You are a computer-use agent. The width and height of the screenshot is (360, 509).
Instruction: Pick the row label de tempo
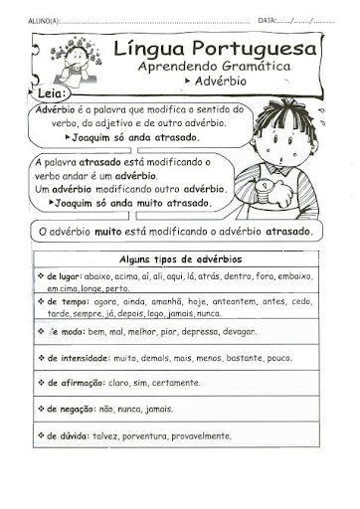[x=66, y=300]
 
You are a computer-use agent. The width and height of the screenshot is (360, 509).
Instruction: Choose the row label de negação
[x=70, y=408]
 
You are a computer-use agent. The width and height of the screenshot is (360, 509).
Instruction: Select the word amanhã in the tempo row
[x=168, y=300]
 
